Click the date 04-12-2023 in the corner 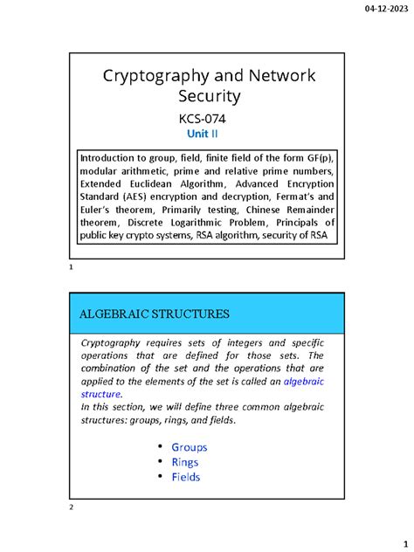383,10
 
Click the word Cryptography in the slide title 155,76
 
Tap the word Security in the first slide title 207,97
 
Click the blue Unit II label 206,135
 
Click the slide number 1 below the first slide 70,278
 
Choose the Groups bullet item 189,447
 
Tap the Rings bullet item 184,462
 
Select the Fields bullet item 185,477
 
